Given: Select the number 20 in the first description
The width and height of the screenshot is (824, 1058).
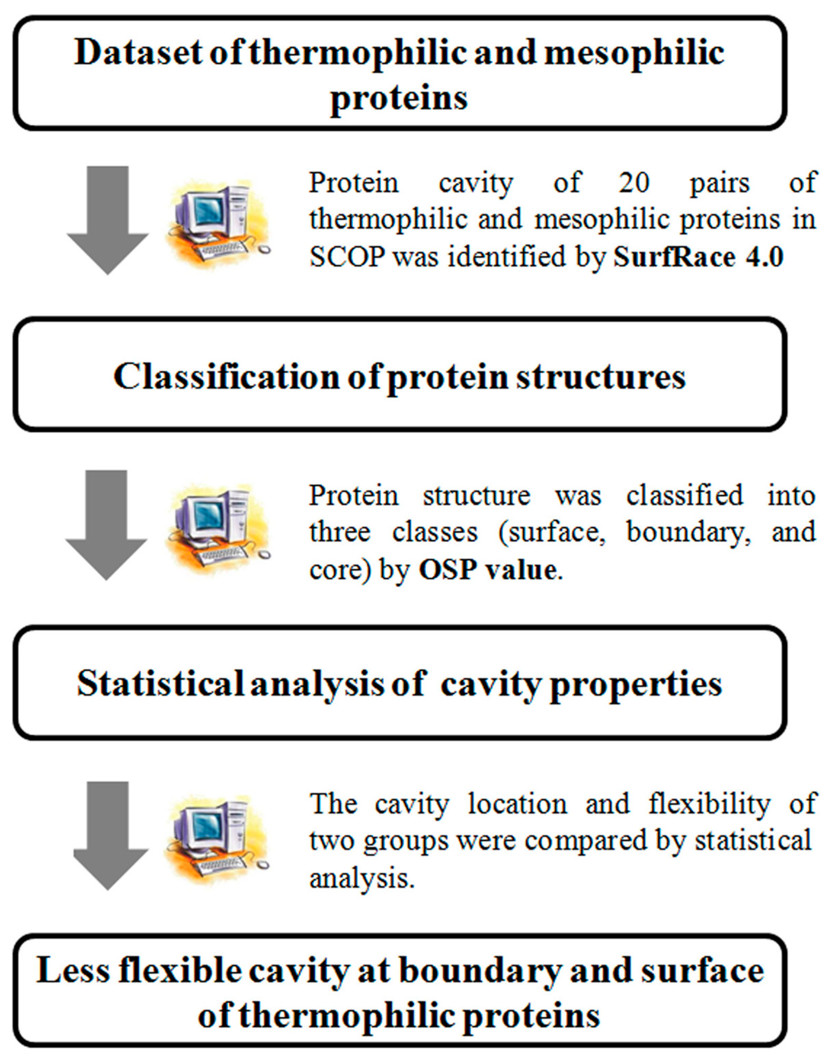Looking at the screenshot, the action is (634, 183).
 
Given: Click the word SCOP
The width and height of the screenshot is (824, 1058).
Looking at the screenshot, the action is (347, 257).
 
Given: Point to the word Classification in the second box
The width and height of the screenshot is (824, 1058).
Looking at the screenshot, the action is (226, 376).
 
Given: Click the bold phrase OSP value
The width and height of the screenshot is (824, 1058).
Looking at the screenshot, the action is (488, 570).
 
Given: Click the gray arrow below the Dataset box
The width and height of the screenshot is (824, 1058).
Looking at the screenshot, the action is (107, 220).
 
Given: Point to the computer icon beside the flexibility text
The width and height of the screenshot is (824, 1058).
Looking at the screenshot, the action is (217, 838).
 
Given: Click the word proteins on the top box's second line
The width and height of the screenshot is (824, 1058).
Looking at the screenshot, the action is (399, 99).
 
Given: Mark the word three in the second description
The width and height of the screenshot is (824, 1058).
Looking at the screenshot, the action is (340, 532).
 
